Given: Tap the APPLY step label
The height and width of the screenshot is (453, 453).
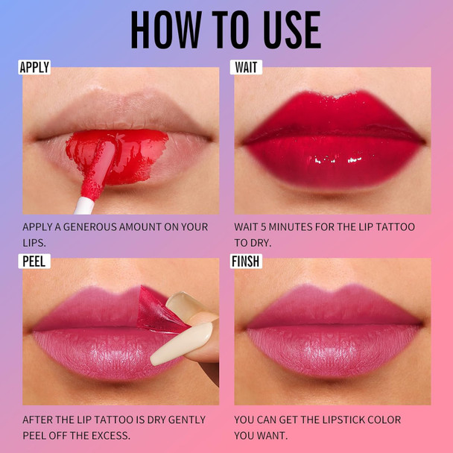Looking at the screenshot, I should coord(34,67).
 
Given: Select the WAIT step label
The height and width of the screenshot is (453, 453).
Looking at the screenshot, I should coord(247,67).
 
